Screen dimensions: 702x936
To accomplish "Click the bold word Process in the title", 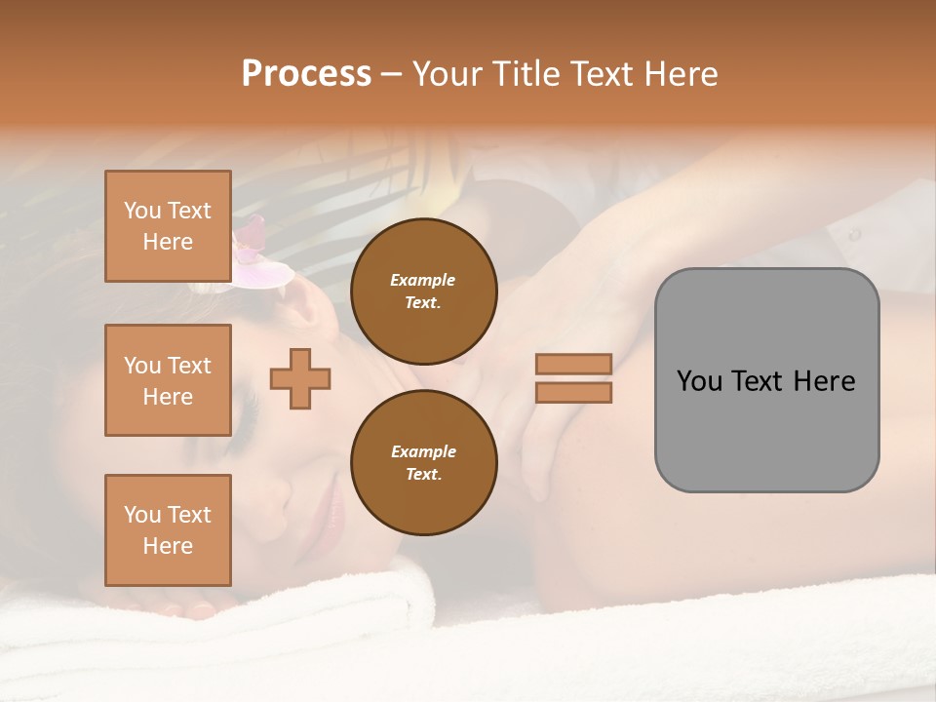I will coord(306,74).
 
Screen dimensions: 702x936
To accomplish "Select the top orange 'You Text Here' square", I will coord(168,226).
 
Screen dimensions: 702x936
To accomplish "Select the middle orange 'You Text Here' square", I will coord(168,380).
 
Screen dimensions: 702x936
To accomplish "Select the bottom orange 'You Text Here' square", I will coord(168,530).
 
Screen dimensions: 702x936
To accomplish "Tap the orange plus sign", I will coord(300,378).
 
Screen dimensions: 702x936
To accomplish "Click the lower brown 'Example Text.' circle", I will coord(423,463).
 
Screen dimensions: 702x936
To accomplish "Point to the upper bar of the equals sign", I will coord(573,364).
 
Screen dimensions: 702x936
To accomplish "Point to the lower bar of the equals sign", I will coord(573,393).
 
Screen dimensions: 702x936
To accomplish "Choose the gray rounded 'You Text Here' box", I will coord(766,380).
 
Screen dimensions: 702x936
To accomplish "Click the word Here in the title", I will coord(679,74).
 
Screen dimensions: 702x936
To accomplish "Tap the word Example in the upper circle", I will coord(423,280).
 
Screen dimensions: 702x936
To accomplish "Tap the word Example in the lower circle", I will coord(423,451).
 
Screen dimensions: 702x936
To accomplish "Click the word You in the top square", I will coord(142,211).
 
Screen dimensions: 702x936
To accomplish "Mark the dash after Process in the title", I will coord(391,75).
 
